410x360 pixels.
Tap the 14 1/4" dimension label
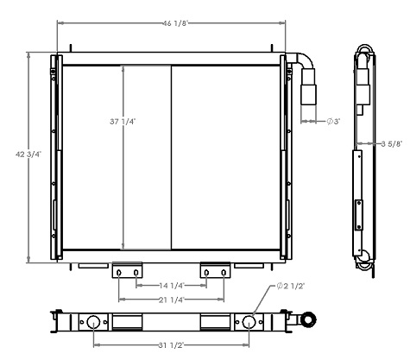(x=171, y=284)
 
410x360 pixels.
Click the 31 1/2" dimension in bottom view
(x=171, y=346)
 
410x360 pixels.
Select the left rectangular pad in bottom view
(x=128, y=322)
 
